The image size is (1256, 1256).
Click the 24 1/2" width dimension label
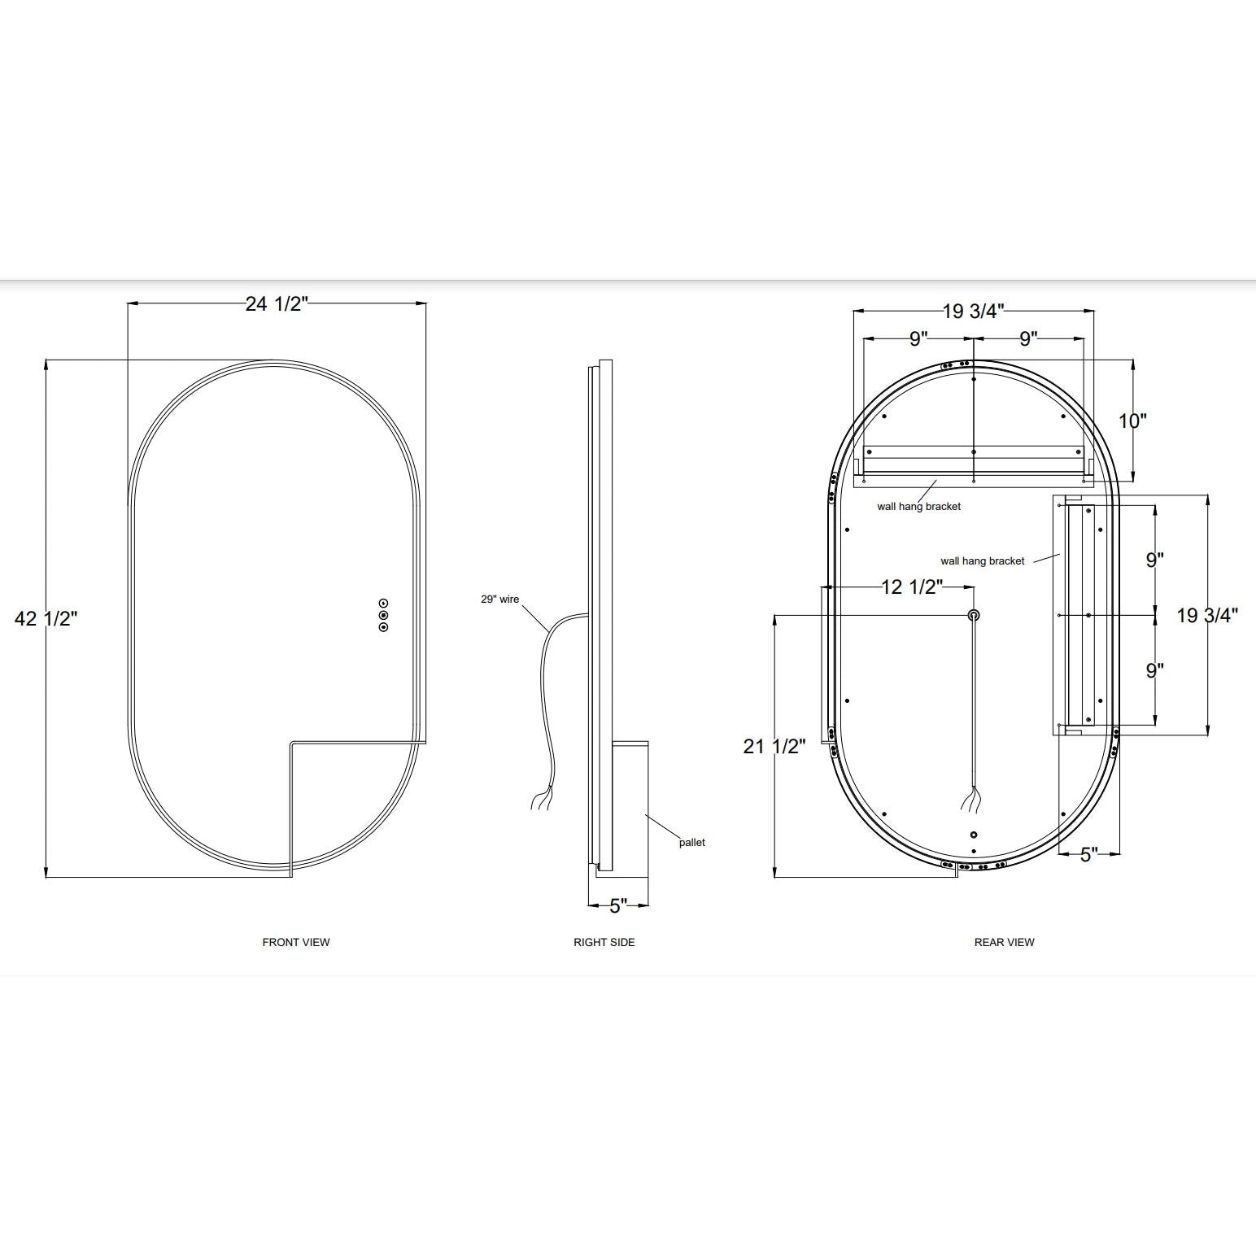277,304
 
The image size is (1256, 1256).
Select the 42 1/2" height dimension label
46,618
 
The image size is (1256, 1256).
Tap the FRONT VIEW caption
296,942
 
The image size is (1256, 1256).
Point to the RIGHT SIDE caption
604,942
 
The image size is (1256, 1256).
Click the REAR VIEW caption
1004,942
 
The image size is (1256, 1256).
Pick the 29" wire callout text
499,600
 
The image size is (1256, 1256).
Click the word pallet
692,843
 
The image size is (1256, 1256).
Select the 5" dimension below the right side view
618,905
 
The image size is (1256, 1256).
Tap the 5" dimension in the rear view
1088,855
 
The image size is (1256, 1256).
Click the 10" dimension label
1132,421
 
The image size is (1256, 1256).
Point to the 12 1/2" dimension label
912,587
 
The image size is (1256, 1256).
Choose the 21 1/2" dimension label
774,746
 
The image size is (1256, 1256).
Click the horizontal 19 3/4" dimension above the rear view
974,312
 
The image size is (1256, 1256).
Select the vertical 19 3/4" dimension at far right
1207,616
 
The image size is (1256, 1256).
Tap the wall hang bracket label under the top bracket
918,507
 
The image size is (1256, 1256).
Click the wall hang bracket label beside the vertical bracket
982,561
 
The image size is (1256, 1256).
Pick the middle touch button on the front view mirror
383,615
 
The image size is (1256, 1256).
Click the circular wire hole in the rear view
974,615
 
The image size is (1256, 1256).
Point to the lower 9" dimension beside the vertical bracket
1154,670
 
